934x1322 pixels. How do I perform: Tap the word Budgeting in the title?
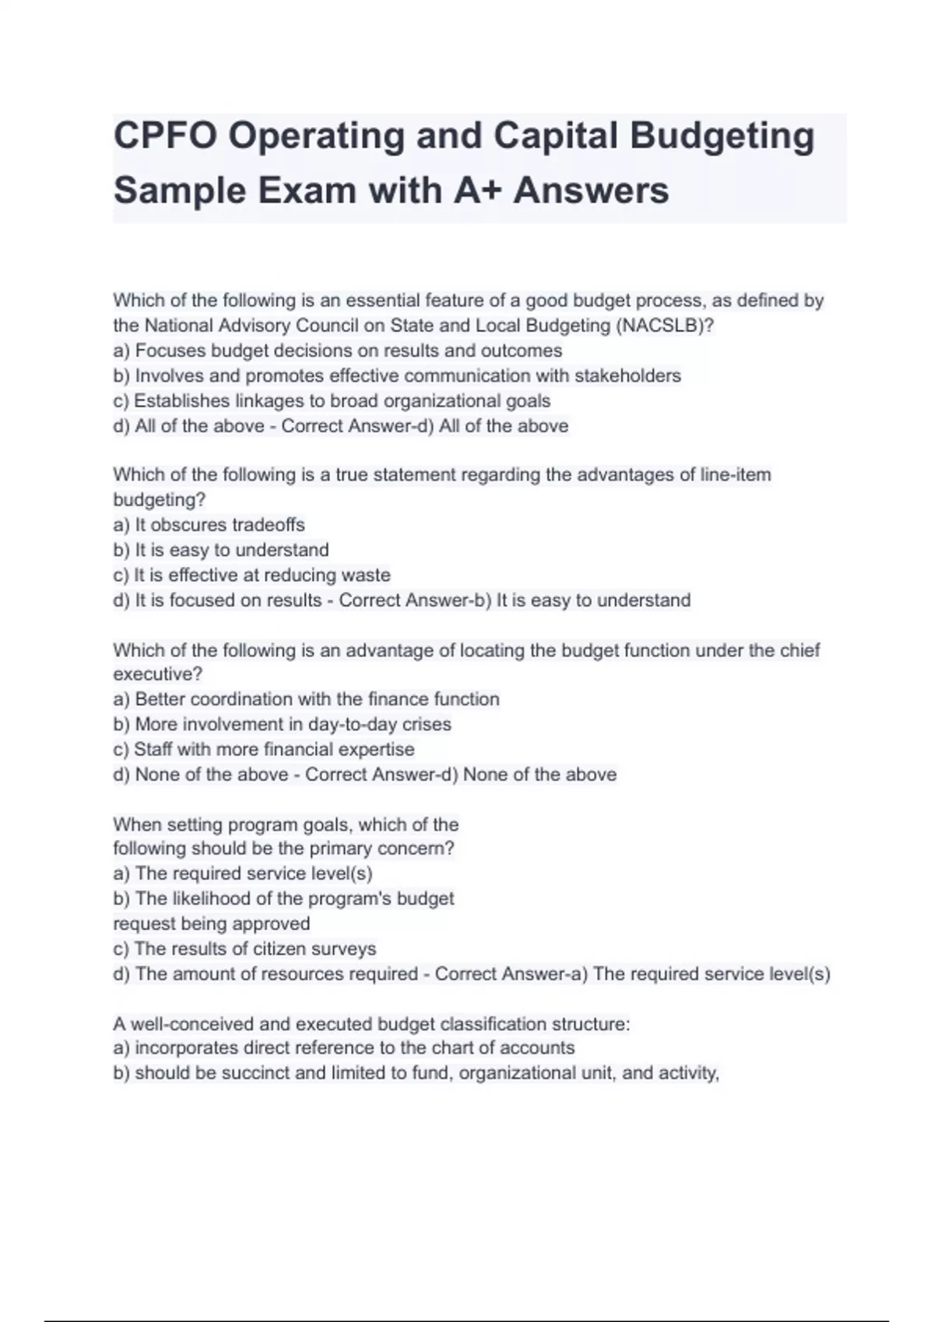click(x=722, y=136)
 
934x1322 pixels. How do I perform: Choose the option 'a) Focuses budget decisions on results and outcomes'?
click(x=337, y=351)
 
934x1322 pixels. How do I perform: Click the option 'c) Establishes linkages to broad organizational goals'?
click(x=332, y=401)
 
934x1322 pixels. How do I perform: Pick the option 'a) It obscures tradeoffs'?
click(x=209, y=525)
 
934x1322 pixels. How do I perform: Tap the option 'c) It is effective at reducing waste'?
click(x=251, y=575)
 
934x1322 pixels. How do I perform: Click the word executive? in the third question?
click(x=157, y=674)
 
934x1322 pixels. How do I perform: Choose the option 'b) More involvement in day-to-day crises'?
click(x=282, y=724)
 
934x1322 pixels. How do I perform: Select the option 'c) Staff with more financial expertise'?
click(x=263, y=750)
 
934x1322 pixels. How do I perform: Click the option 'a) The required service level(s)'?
click(x=243, y=873)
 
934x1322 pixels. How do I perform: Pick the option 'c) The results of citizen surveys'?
click(x=244, y=949)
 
